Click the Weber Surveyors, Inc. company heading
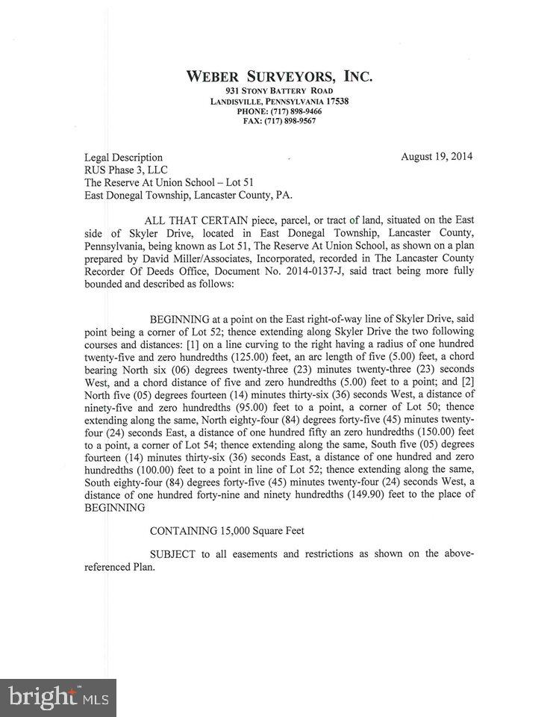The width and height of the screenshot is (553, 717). [278, 76]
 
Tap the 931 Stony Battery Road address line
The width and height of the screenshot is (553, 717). [278, 90]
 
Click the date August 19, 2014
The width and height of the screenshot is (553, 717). [437, 157]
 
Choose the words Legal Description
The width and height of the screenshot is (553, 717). [123, 158]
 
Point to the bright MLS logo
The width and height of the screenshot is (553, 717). [57, 698]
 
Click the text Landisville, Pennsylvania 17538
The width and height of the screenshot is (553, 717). [279, 101]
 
